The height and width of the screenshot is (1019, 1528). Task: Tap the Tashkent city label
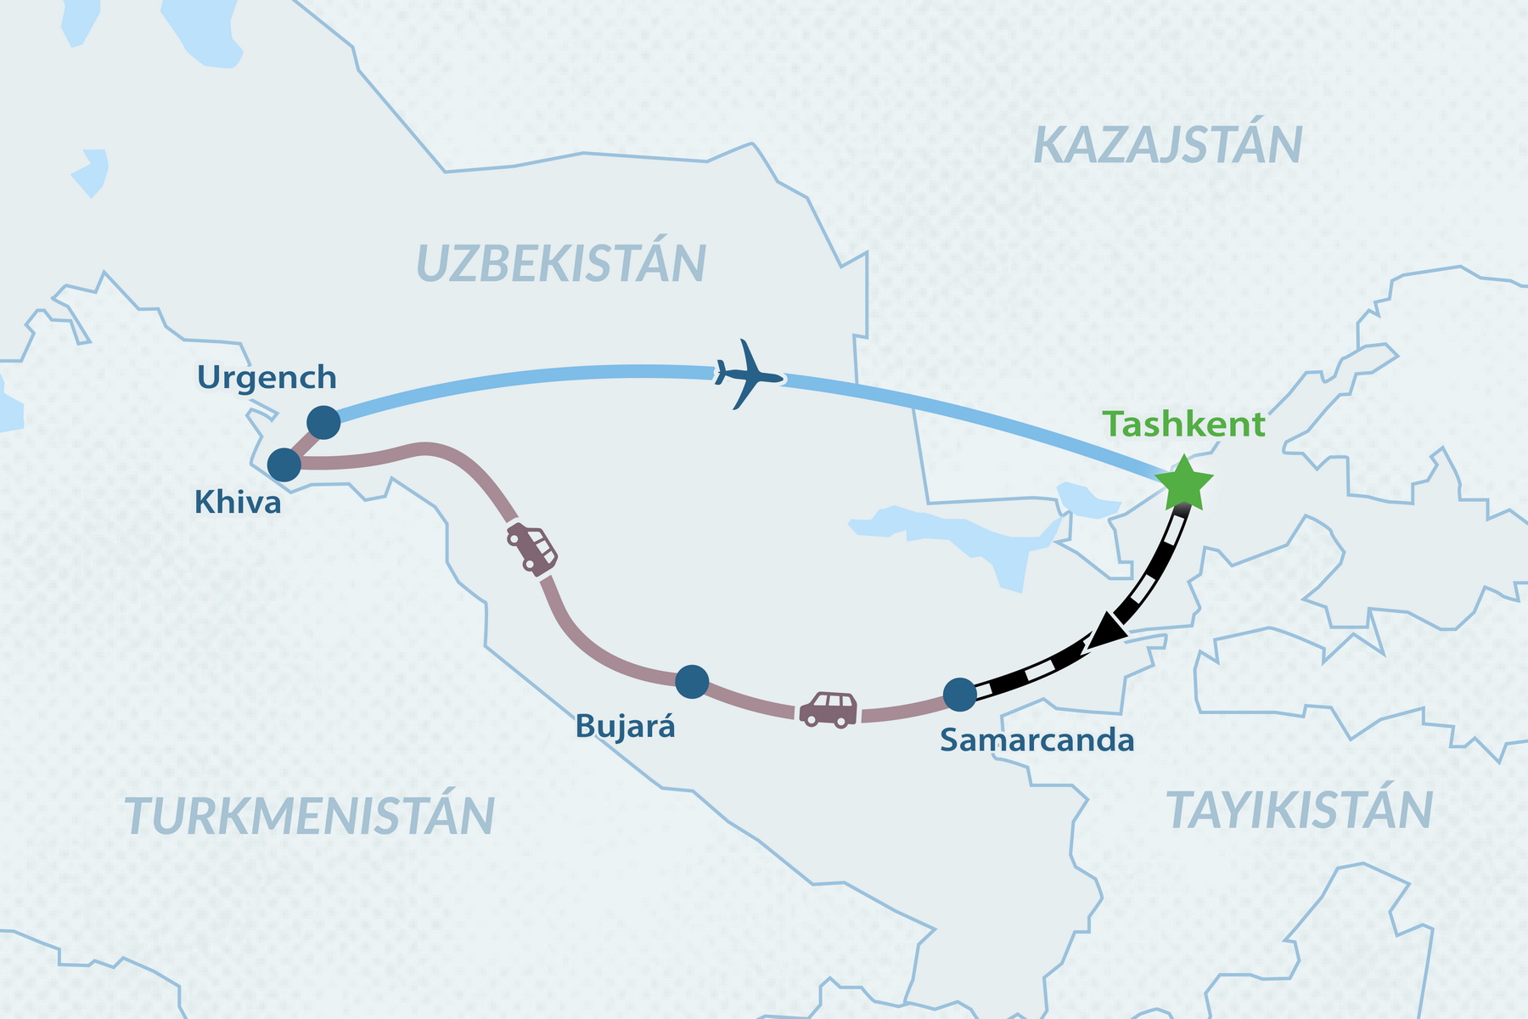click(1184, 425)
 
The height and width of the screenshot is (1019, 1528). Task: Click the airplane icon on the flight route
click(746, 374)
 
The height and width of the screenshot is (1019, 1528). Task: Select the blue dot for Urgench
click(323, 422)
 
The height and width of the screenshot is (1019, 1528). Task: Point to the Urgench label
click(267, 378)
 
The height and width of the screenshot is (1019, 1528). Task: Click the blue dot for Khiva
click(284, 465)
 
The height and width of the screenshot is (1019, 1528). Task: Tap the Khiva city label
click(238, 503)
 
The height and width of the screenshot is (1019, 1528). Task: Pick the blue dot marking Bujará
click(692, 681)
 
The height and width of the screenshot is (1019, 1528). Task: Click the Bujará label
click(626, 727)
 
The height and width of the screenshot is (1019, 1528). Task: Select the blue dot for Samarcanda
click(960, 695)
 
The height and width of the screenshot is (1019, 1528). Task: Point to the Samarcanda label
click(1036, 740)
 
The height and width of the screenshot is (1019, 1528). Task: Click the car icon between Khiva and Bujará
click(532, 548)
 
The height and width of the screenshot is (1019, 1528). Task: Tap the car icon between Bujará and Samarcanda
click(829, 710)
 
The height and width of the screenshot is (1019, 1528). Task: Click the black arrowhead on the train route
click(1104, 634)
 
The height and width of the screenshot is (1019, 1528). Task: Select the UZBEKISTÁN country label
click(561, 263)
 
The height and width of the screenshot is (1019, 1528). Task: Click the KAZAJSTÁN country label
click(1168, 146)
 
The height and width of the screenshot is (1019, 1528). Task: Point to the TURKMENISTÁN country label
click(310, 816)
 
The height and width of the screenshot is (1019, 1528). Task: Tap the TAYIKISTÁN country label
click(1300, 810)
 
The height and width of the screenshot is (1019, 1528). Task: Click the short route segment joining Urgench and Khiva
click(304, 444)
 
